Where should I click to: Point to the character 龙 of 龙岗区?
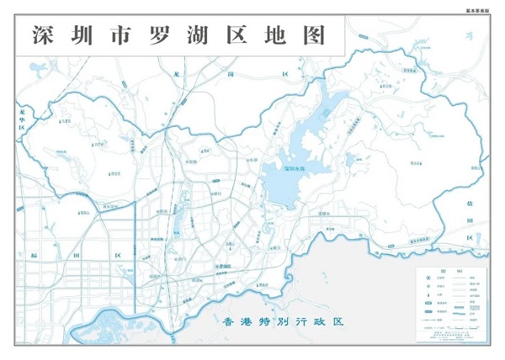175,75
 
